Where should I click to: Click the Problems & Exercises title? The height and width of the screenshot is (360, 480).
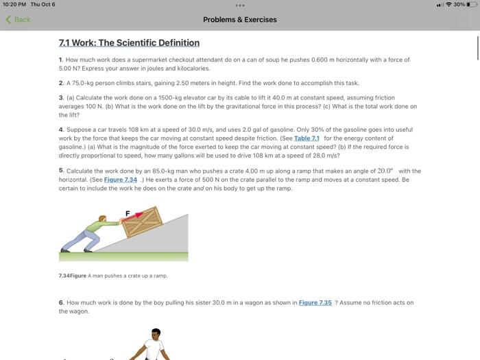240,19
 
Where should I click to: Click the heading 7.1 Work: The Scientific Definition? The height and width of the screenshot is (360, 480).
129,43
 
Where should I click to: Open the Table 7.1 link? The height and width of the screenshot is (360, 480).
306,139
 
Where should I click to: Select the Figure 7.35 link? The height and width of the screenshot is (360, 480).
315,302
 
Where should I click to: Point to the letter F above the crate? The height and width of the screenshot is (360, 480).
127,213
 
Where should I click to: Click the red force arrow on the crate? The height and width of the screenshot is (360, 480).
140,216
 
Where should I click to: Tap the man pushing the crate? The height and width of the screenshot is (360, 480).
86,233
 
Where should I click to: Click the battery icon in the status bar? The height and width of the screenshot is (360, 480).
470,5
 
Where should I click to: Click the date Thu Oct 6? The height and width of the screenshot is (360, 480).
43,5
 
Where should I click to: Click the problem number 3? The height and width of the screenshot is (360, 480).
60,98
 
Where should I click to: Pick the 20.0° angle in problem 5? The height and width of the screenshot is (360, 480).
385,171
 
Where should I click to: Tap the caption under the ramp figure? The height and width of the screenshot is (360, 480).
113,276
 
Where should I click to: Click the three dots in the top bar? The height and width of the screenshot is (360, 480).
240,5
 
